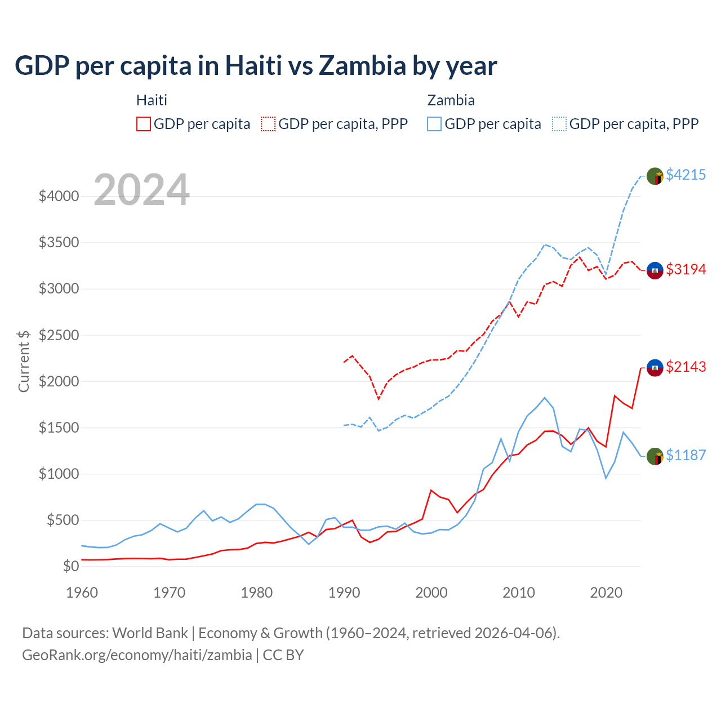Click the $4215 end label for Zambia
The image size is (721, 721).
(x=686, y=175)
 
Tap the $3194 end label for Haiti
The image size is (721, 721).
(x=686, y=269)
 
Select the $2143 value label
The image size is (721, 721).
(x=686, y=367)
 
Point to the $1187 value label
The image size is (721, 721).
(x=686, y=455)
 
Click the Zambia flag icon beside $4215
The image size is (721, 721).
(x=655, y=176)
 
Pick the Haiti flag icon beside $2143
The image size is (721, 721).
(x=655, y=368)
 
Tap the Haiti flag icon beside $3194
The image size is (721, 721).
(x=655, y=270)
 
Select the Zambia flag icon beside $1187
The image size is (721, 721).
(x=655, y=456)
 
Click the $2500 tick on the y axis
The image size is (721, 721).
(x=59, y=335)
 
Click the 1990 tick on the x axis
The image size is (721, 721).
(x=344, y=593)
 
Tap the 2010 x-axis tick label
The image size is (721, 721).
(x=519, y=593)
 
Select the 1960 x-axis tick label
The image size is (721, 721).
(x=82, y=593)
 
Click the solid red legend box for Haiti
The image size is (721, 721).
(x=144, y=124)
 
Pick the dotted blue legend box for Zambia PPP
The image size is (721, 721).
(x=559, y=124)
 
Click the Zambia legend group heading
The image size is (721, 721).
(x=451, y=100)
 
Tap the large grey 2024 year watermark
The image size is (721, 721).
(x=141, y=190)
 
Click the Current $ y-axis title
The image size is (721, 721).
(x=24, y=361)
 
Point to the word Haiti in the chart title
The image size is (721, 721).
(x=253, y=66)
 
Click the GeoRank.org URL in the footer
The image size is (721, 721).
(x=137, y=655)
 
